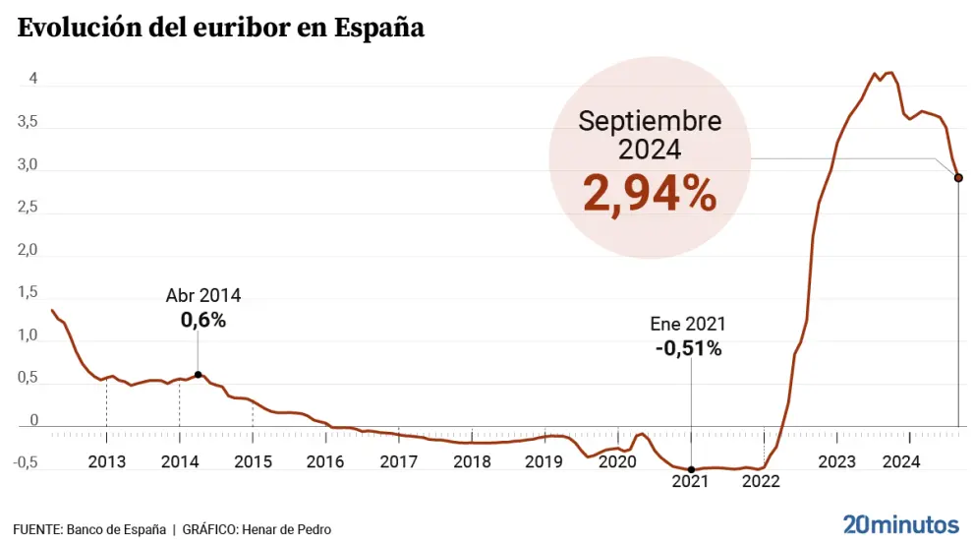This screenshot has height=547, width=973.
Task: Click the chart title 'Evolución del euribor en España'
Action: pos(221,28)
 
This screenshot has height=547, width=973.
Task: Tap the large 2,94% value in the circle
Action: pos(649,193)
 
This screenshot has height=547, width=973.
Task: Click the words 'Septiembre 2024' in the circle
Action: pos(649,135)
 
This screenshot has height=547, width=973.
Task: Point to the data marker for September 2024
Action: pos(958,178)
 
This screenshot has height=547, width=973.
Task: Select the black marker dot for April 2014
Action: pos(199,375)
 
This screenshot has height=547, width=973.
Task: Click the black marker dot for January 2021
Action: pos(691,469)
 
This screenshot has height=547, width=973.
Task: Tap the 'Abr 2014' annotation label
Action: pos(202,295)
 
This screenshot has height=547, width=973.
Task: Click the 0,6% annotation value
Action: pos(202,319)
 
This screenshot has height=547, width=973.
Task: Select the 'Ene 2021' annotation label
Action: pos(688,324)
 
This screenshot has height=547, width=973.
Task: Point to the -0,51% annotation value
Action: pos(688,348)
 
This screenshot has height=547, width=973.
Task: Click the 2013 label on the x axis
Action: pos(106,461)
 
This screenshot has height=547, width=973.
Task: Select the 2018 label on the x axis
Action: pos(472,461)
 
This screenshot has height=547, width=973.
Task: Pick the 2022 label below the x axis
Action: pos(761,481)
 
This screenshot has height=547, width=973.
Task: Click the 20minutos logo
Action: pos(900,523)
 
